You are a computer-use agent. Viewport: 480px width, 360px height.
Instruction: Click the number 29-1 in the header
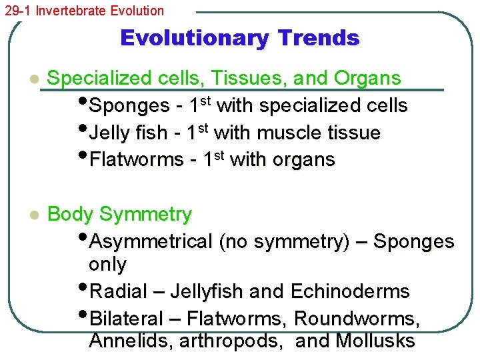(x=17, y=11)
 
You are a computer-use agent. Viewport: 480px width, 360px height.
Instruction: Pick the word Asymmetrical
(x=151, y=241)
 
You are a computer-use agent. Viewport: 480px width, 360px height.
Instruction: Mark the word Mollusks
(x=375, y=341)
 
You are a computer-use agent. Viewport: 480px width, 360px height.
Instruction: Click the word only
(x=107, y=265)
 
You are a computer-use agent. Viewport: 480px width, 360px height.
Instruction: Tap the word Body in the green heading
(x=71, y=215)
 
